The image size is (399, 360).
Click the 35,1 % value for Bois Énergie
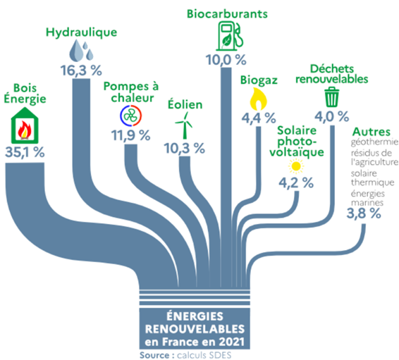[25, 151]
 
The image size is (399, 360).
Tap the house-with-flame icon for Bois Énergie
[25, 125]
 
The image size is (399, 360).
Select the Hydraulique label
[82, 32]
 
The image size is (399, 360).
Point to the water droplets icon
[81, 51]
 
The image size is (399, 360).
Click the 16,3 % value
[81, 70]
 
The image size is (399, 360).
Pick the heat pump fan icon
[131, 116]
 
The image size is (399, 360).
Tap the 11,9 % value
[131, 135]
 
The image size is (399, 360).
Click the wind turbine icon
[184, 126]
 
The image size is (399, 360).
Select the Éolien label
[185, 104]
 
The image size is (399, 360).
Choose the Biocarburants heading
[227, 13]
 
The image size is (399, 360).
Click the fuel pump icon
[230, 36]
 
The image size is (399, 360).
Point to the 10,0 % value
[226, 60]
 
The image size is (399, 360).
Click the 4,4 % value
[259, 118]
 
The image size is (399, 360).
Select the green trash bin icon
[332, 97]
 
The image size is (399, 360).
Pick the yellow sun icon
[296, 166]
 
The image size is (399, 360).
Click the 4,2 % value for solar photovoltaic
[296, 182]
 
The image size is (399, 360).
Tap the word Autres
[372, 132]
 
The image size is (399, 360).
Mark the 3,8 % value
[364, 213]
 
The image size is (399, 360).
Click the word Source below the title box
[154, 355]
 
